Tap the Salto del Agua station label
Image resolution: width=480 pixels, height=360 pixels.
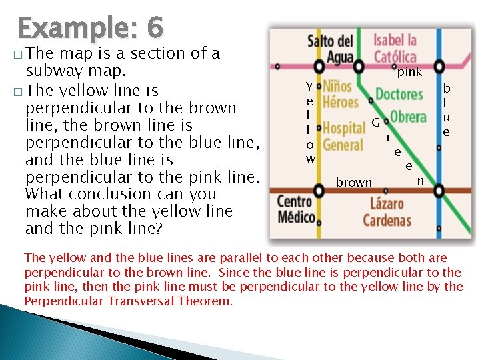click(x=330, y=49)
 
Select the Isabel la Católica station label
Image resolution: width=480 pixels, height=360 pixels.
click(x=395, y=49)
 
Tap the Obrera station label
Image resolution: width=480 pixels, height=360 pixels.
click(x=408, y=117)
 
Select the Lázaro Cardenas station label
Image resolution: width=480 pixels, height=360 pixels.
click(x=387, y=211)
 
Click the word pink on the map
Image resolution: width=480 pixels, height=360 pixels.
click(x=409, y=72)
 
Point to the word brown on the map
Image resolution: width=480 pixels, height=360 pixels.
click(x=354, y=182)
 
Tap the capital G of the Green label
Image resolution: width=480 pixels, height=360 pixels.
click(x=376, y=123)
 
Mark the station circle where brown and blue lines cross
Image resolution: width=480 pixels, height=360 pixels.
click(x=439, y=191)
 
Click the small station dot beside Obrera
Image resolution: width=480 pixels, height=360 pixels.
click(x=439, y=148)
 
